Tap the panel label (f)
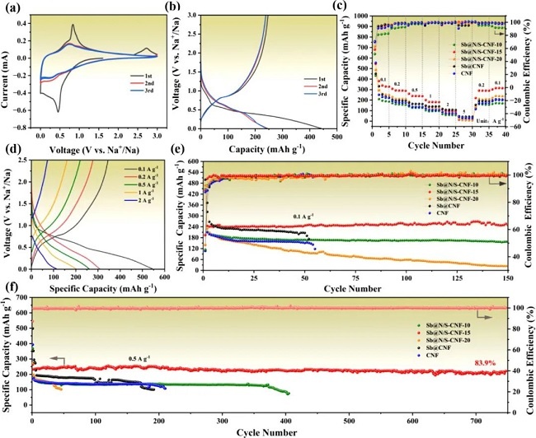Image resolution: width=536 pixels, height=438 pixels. pos(9,289)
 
